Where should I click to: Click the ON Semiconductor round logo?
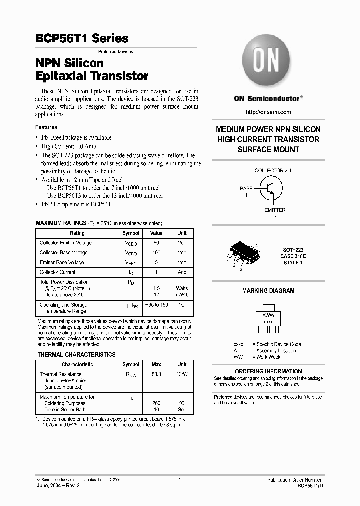click(x=268, y=61)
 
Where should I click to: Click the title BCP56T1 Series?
click(x=82, y=38)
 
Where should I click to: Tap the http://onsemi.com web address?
click(x=268, y=112)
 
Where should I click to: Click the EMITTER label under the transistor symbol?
click(x=275, y=210)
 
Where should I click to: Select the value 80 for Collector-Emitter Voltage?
click(x=156, y=243)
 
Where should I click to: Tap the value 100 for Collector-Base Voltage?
click(x=156, y=253)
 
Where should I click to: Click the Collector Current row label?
click(x=58, y=272)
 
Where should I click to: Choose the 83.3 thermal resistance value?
click(x=156, y=374)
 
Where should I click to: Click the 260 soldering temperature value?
click(x=156, y=403)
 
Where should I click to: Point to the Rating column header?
click(x=77, y=233)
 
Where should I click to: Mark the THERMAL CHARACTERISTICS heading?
click(x=76, y=355)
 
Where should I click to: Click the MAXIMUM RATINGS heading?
click(x=61, y=223)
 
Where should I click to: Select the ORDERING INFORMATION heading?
click(x=268, y=371)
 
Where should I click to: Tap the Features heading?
click(x=46, y=127)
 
